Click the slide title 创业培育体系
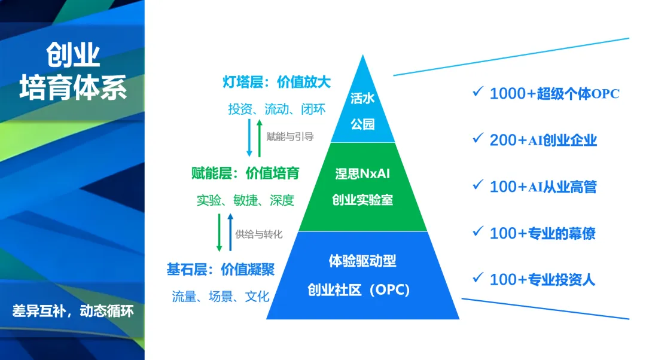click(73, 72)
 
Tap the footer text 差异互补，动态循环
click(73, 311)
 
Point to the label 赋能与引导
click(290, 136)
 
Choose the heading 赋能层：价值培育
click(245, 173)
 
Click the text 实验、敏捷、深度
click(245, 201)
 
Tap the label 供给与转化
click(259, 233)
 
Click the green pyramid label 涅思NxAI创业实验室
click(362, 187)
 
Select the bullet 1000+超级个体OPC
click(554, 94)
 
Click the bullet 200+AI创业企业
click(543, 141)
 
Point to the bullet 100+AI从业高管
click(543, 187)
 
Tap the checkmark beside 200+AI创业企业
click(477, 138)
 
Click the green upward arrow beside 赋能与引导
click(259, 138)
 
